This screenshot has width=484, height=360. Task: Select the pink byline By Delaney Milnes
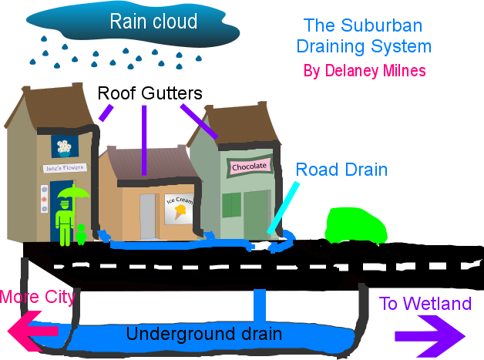point(365,71)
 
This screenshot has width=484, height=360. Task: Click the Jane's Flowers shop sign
point(64,167)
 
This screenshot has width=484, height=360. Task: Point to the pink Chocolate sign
point(248,167)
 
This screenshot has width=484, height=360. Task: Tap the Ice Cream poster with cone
point(178,208)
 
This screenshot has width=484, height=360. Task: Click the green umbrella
point(73,193)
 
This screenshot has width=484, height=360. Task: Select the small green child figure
point(81,234)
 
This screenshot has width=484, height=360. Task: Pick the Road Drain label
point(341,170)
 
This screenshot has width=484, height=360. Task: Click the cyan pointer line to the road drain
point(283,207)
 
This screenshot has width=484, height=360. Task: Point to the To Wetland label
point(425,304)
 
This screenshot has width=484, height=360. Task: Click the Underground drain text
point(203,335)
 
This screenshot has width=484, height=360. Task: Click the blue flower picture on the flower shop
point(66,146)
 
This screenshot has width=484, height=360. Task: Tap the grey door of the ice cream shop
point(147,216)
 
